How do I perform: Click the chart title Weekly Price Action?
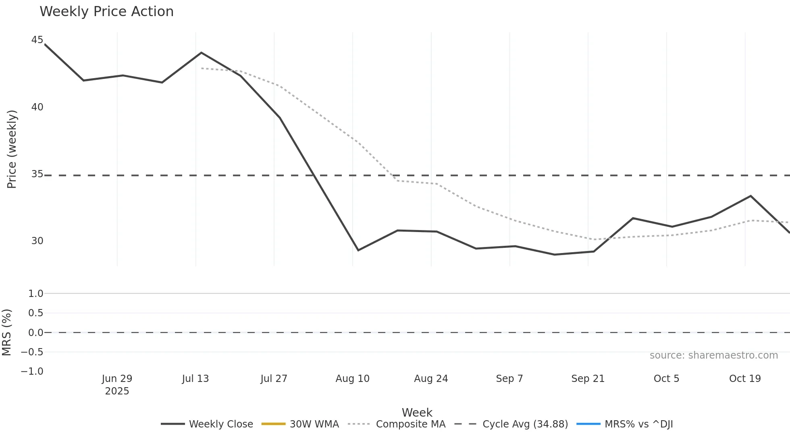[106, 12]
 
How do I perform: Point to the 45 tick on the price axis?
[37, 40]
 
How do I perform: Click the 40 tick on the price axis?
[37, 107]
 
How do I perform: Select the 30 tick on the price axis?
[37, 241]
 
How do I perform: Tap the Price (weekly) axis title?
[12, 149]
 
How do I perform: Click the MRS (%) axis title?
[6, 332]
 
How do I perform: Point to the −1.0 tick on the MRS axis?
[32, 371]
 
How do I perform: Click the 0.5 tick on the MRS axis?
[35, 313]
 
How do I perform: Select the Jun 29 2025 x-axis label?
[117, 384]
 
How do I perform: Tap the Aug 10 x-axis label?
[352, 379]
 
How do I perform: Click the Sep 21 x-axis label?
[588, 379]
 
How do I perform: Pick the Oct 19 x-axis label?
[745, 379]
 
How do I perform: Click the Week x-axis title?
[417, 413]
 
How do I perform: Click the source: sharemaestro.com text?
[713, 355]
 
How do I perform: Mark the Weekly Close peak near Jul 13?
[202, 53]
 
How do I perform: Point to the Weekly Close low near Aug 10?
[358, 250]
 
